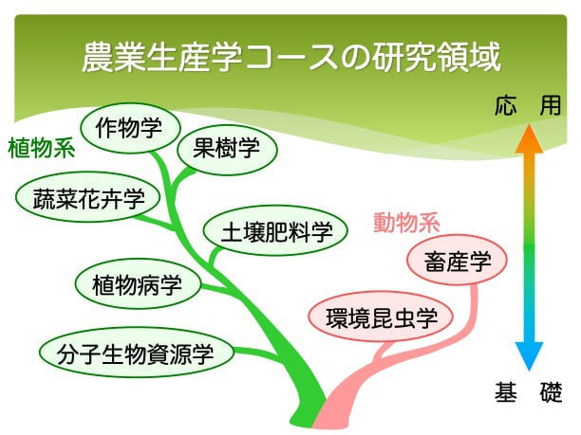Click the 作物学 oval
point(130,128)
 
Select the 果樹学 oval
point(227,148)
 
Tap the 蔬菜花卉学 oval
point(88,197)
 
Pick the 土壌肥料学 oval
point(275,231)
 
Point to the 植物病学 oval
point(138,283)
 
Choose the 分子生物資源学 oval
point(137,352)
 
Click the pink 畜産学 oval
point(457,260)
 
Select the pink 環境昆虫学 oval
point(381,317)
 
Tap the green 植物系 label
point(41,149)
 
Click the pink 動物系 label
point(407,223)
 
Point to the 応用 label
point(528,105)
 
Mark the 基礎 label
point(529,392)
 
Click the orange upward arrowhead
point(529,139)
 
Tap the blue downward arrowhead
point(529,355)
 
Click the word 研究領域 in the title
point(437,57)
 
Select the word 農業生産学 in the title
point(162,57)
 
